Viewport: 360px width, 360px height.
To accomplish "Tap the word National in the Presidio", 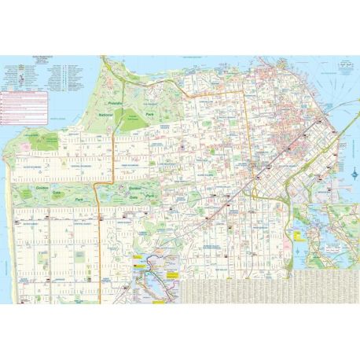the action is [106, 116].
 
